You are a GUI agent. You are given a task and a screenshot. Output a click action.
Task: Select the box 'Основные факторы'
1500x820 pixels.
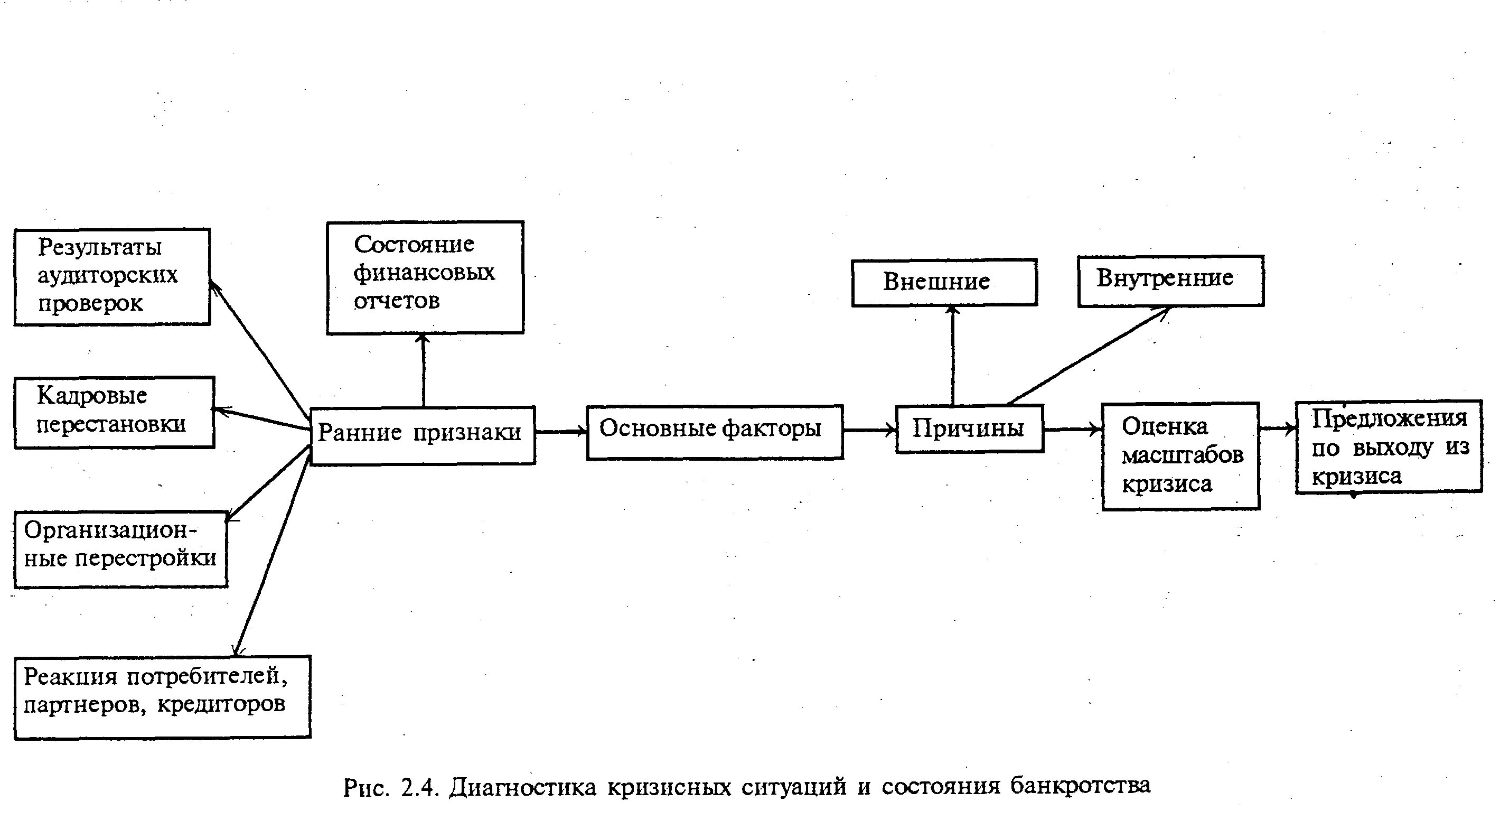[x=715, y=432]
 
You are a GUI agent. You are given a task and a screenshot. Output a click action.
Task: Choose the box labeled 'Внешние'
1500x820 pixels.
[x=944, y=283]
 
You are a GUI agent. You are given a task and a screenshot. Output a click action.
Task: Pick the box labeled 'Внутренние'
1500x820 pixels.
[x=1170, y=281]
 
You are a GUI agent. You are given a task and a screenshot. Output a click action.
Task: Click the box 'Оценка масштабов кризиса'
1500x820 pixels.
[x=1180, y=456]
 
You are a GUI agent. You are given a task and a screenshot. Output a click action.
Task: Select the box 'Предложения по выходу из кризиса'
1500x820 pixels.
[x=1389, y=446]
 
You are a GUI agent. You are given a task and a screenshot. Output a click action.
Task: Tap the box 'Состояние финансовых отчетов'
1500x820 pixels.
[x=425, y=277]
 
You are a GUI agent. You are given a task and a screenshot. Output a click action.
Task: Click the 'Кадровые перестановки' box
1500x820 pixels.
[x=114, y=412]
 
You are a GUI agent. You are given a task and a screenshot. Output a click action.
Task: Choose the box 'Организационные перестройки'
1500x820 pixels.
[x=120, y=548]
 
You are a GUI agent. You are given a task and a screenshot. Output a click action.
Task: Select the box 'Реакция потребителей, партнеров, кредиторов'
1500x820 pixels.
[x=162, y=696]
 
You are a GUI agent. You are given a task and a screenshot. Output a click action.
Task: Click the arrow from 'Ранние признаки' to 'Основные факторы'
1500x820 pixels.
[x=561, y=432]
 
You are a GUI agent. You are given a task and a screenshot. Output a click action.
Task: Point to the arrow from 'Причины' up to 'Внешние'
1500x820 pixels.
[x=953, y=355]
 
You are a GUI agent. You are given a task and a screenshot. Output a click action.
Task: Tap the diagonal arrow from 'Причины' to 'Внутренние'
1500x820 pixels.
[x=1087, y=355]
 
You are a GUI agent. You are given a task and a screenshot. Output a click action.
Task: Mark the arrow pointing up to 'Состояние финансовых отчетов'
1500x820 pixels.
[x=424, y=370]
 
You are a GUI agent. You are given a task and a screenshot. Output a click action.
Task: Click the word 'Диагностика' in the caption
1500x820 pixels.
[x=522, y=787]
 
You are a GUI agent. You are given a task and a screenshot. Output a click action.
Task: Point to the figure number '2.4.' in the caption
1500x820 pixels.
[x=419, y=788]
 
